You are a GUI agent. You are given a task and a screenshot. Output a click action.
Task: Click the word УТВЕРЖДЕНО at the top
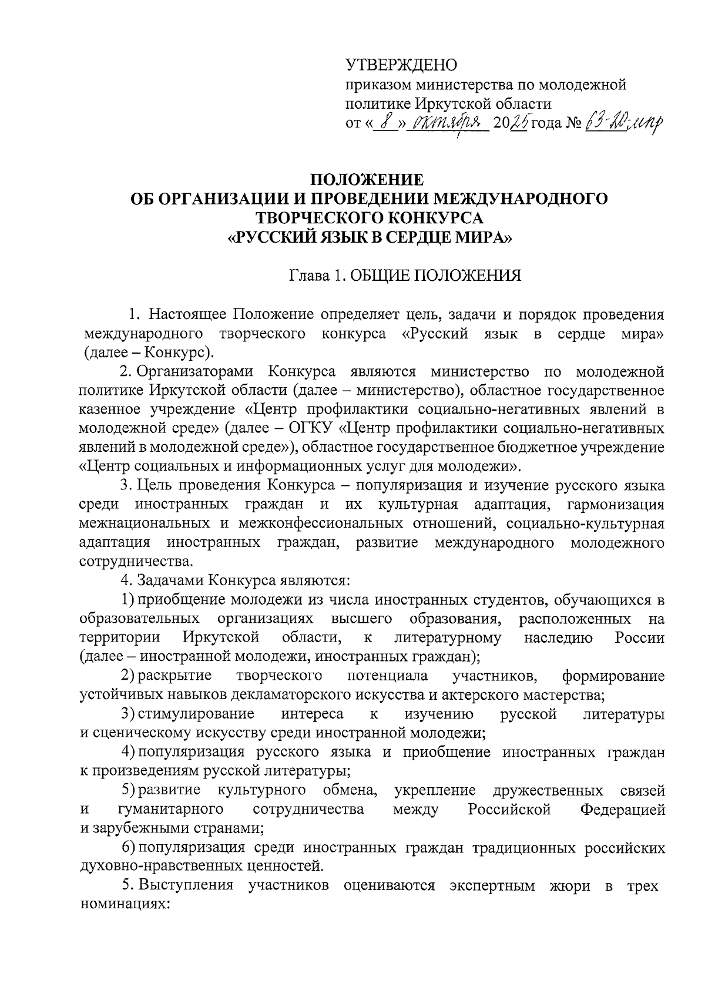(x=401, y=64)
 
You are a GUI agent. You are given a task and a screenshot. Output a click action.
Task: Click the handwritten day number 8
(x=385, y=123)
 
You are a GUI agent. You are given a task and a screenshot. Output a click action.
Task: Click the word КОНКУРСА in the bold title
(x=427, y=218)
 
